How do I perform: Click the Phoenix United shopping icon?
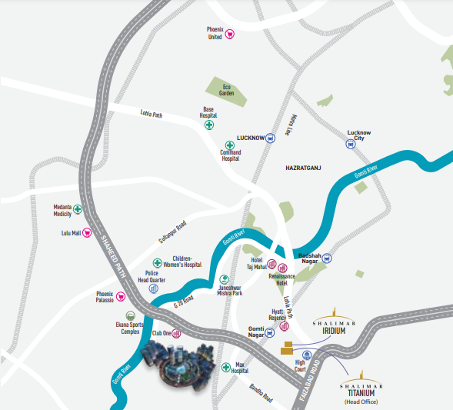(229, 34)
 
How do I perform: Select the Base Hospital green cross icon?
(208, 125)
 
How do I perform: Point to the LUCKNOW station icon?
(270, 138)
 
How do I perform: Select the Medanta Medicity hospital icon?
(78, 209)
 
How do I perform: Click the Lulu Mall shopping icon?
(87, 232)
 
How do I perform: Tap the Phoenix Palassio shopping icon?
(120, 297)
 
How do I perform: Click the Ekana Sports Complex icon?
(129, 315)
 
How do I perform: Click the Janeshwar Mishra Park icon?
(225, 279)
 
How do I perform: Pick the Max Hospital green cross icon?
(225, 368)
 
